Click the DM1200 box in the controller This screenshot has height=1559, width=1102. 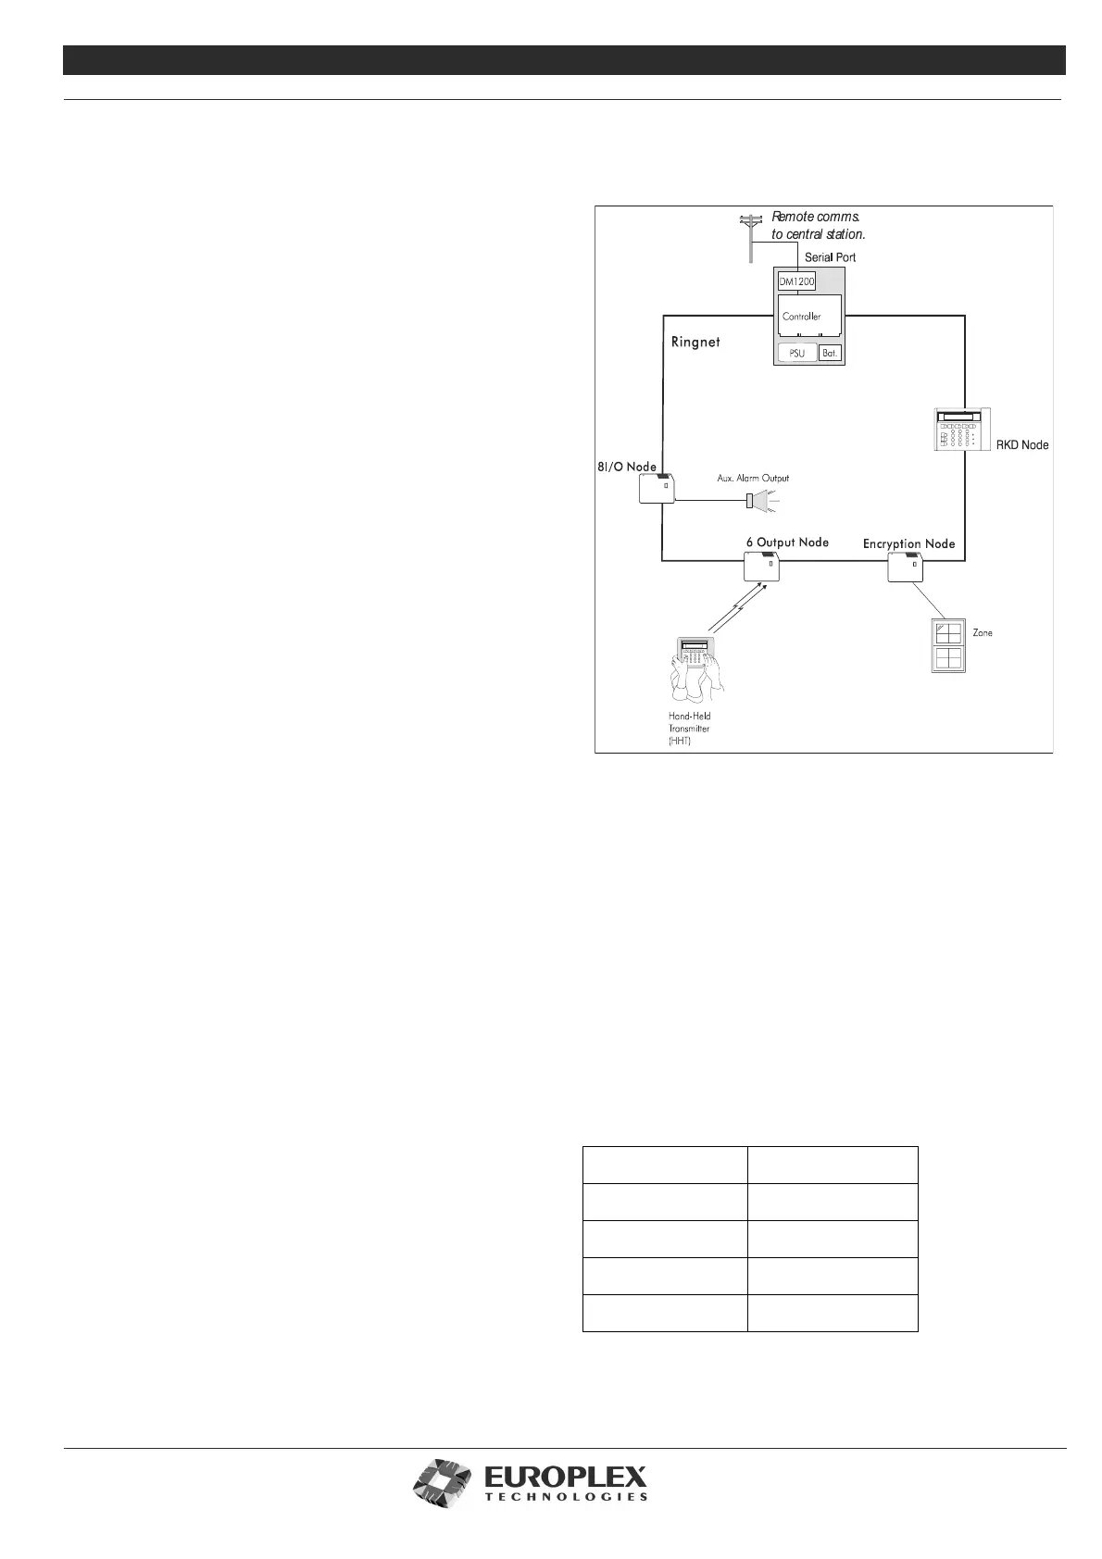click(x=796, y=282)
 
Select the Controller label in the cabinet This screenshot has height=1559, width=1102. click(x=801, y=317)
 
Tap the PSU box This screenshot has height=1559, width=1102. click(x=796, y=353)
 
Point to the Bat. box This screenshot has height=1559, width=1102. click(x=830, y=353)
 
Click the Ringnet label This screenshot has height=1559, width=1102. click(x=695, y=342)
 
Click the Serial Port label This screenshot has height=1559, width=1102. click(x=830, y=256)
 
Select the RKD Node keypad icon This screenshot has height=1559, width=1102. click(x=961, y=430)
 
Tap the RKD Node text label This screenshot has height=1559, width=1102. click(x=1021, y=445)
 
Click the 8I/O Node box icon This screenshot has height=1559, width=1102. click(x=657, y=488)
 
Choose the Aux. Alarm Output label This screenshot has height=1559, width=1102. click(x=753, y=479)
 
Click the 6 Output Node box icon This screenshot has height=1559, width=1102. click(x=762, y=566)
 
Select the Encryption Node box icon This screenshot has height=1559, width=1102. click(x=905, y=567)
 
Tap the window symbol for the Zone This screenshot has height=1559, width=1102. click(x=948, y=646)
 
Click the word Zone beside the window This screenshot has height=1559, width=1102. click(x=983, y=633)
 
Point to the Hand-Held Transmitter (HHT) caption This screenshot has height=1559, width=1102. click(x=689, y=729)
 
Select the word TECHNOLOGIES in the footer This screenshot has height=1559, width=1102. click(x=566, y=1522)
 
